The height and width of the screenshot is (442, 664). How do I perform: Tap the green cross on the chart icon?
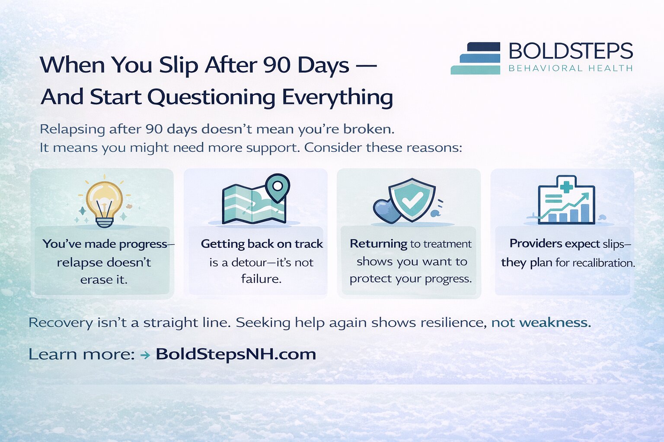pos(566,186)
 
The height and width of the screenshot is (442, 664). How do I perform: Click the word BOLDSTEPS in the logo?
pos(571,51)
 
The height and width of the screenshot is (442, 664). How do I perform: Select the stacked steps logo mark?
pos(476,58)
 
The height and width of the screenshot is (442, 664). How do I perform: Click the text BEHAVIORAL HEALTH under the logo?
pos(571,68)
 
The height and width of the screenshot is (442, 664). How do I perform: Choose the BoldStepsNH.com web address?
pos(236,354)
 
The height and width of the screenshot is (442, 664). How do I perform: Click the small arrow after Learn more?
pos(145,355)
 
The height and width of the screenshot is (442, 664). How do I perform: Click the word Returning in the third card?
pos(378,244)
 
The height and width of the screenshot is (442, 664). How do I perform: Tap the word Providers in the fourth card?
pos(536,243)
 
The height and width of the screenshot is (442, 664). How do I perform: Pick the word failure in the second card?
pos(261,279)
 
